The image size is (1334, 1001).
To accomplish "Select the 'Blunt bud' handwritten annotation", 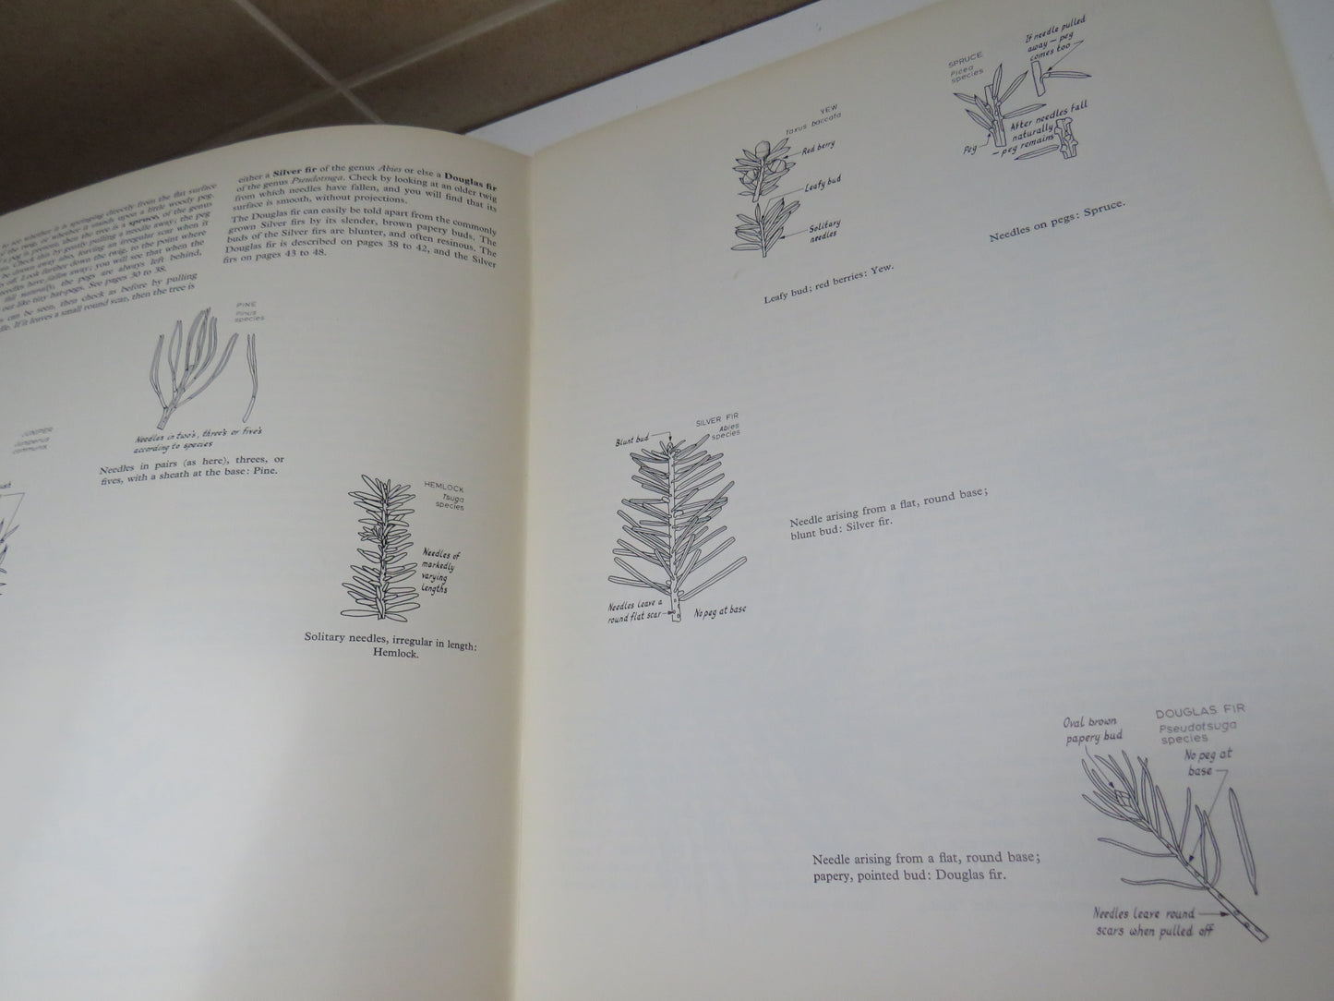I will [x=635, y=441].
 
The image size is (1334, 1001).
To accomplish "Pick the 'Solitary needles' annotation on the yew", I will [x=821, y=233].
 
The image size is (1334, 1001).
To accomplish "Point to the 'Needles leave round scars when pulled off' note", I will [x=1157, y=924].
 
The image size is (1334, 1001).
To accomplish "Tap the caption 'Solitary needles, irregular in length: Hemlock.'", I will [x=391, y=645].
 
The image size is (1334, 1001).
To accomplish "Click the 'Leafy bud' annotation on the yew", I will [x=816, y=187].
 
